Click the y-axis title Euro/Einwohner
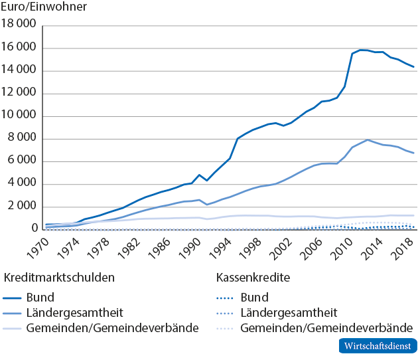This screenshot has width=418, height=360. [x=44, y=7]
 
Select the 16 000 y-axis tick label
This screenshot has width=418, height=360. [x=19, y=48]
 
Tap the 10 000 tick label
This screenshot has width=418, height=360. [x=19, y=116]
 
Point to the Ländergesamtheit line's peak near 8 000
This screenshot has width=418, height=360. [x=367, y=140]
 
